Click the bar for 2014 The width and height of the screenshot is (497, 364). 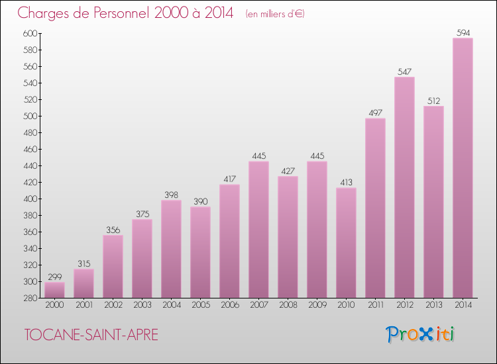pos(463,168)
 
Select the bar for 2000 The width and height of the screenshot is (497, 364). pos(54,290)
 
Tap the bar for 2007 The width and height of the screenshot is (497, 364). pos(258,230)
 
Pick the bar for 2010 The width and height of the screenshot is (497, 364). pos(346,243)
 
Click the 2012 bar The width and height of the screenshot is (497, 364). pos(404,187)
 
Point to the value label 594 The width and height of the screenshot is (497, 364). pos(463,32)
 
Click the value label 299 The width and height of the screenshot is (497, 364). pos(54,277)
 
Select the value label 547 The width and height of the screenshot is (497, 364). pos(404,71)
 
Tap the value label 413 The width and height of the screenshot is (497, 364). pos(346,182)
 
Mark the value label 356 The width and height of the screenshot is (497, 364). pos(113,230)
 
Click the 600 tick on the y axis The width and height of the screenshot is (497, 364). pos(28,33)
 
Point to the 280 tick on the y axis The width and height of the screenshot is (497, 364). pos(28,298)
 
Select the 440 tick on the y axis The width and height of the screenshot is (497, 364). pos(28,165)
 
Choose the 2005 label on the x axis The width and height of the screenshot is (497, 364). pos(200,305)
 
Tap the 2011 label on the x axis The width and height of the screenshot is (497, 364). pos(375,305)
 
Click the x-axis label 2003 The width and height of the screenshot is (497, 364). pos(142,305)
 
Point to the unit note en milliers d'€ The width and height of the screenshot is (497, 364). pos(274,14)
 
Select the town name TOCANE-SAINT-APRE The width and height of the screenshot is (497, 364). pos(91,335)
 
